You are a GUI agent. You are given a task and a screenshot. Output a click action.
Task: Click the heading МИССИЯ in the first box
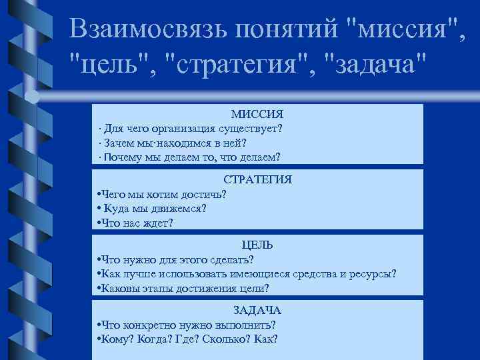257,115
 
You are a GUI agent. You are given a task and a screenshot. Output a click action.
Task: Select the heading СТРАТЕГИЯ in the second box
257,179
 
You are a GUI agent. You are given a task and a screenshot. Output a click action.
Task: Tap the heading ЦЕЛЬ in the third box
257,245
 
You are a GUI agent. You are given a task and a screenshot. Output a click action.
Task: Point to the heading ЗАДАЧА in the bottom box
257,310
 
